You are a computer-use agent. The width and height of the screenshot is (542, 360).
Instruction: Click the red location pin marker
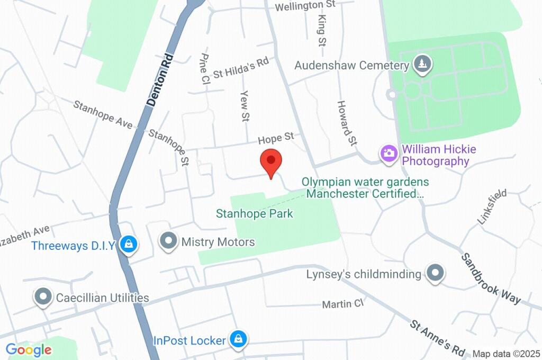[x=271, y=162]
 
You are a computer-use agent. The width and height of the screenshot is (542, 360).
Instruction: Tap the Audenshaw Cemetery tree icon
[x=422, y=65]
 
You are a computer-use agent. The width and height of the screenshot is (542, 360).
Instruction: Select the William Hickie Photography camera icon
[x=389, y=154]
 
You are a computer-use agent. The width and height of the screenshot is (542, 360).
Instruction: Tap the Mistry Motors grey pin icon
[x=169, y=241]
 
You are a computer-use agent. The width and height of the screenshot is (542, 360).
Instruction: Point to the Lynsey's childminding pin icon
[x=435, y=273]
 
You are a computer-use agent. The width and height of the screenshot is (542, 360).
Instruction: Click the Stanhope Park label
[x=254, y=214]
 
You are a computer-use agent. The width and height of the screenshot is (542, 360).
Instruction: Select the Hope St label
[x=276, y=138]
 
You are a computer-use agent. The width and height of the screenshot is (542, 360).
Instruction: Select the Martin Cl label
[x=343, y=304]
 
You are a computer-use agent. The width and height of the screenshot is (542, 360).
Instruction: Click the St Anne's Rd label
[x=438, y=337]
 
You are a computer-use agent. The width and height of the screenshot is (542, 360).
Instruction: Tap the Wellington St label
[x=306, y=5]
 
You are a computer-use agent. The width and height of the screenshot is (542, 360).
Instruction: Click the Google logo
[x=29, y=350]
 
